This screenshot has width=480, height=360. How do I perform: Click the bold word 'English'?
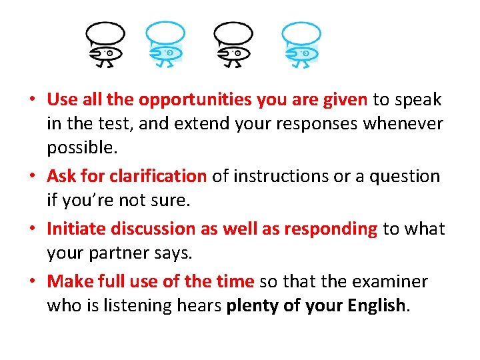point(375,306)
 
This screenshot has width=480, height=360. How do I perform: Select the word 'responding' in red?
point(331,229)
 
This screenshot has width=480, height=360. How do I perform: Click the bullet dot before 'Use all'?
point(32,101)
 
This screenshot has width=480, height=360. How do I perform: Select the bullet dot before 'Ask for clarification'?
point(32,177)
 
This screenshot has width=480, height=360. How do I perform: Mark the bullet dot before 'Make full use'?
point(32,281)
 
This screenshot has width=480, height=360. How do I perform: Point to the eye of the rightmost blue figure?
point(305,53)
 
